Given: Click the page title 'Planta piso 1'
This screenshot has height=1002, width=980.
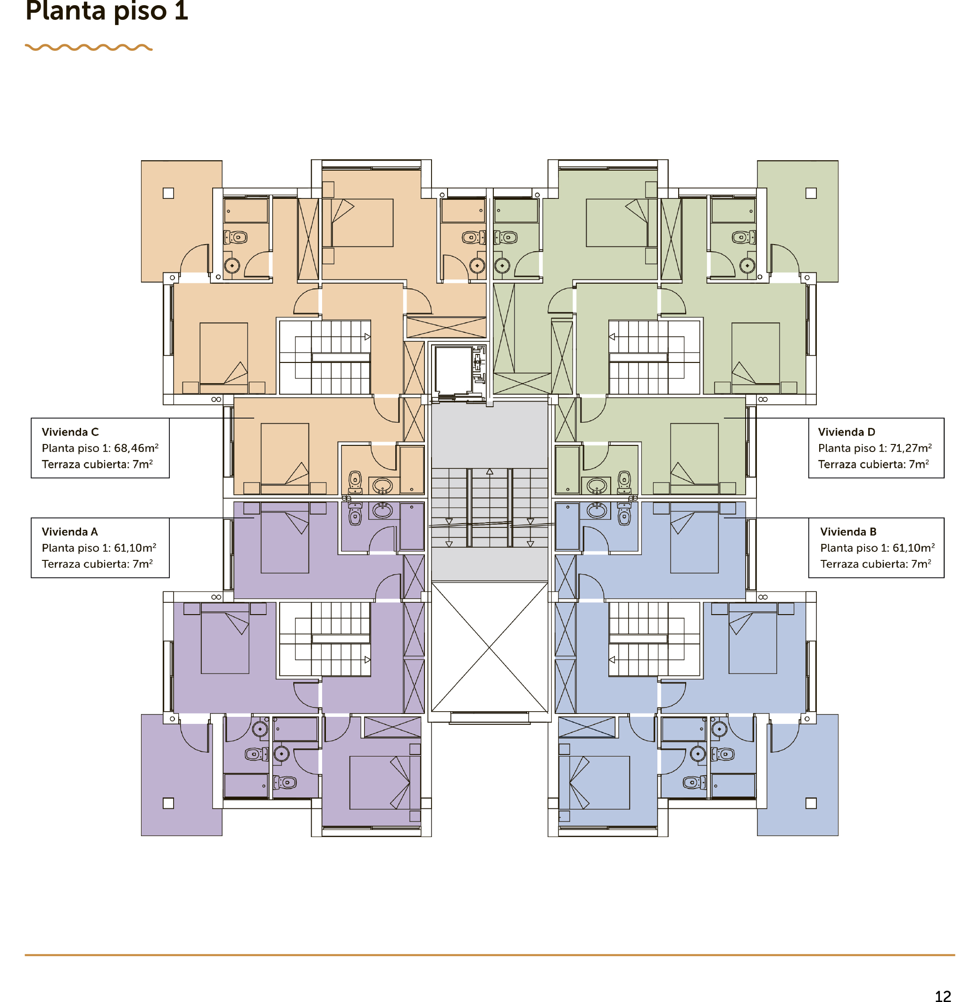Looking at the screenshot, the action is coord(107,10).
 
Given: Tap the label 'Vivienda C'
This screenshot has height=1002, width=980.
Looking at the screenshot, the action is coord(70,432).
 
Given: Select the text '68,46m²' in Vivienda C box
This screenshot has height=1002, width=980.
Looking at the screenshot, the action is coord(136,448).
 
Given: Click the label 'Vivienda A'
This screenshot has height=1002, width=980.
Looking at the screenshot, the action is coord(69,532).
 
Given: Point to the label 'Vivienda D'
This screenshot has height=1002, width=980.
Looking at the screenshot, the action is coord(847,432).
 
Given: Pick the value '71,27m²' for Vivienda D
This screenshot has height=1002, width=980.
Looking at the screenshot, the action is coord(911,448).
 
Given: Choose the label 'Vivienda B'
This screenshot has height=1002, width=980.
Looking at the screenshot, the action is coord(848,532).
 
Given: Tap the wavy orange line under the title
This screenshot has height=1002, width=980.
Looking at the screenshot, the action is coord(89,47).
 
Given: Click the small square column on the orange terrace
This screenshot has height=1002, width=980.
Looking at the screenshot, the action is coord(168,193).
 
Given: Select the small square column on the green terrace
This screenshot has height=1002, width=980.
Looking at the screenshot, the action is coord(811,193).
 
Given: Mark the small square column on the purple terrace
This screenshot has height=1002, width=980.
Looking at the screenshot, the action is coord(168,803).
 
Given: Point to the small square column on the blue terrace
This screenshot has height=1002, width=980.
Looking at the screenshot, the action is coord(811,803).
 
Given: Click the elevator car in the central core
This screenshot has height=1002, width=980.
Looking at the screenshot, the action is coord(453,370).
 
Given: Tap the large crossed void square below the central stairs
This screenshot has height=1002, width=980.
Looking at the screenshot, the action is coord(490,647).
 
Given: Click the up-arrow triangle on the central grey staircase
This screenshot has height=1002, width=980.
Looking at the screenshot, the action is coord(490,471).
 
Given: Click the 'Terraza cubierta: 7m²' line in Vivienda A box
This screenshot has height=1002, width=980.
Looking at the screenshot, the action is coord(97,564).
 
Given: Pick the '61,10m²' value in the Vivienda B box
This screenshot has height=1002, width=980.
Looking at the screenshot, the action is coord(914,548).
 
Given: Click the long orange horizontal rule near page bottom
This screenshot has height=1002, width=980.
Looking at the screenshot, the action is coord(490,955).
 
